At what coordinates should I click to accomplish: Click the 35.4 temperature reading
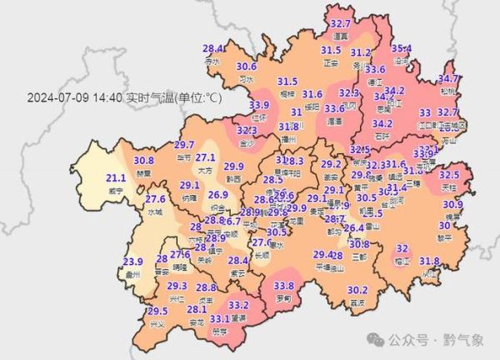(x=402, y=48)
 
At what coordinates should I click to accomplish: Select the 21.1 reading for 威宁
(x=117, y=178)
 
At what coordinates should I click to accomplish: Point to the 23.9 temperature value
(x=133, y=262)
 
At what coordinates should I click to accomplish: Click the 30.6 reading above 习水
(x=246, y=67)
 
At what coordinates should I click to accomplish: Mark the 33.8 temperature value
(x=282, y=287)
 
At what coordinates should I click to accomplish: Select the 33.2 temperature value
(x=238, y=306)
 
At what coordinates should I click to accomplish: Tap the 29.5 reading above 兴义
(x=157, y=312)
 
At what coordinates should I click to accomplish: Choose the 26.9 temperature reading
(x=218, y=195)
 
